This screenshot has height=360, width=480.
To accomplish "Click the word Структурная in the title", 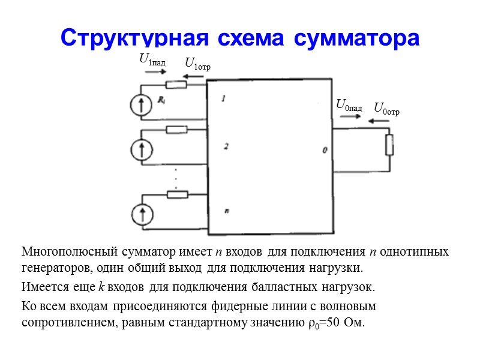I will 130,37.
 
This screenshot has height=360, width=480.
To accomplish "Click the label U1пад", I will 152,59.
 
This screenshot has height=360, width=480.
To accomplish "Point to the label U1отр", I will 198,63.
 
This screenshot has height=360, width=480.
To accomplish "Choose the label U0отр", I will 386,109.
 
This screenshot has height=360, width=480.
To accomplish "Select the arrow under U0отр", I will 380,121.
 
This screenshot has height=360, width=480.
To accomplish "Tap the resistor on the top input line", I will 176,85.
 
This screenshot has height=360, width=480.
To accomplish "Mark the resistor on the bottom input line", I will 177,194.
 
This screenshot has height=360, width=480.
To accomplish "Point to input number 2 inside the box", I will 226,146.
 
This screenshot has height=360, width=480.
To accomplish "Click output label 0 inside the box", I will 325,150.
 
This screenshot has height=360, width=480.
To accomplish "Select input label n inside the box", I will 226,211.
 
